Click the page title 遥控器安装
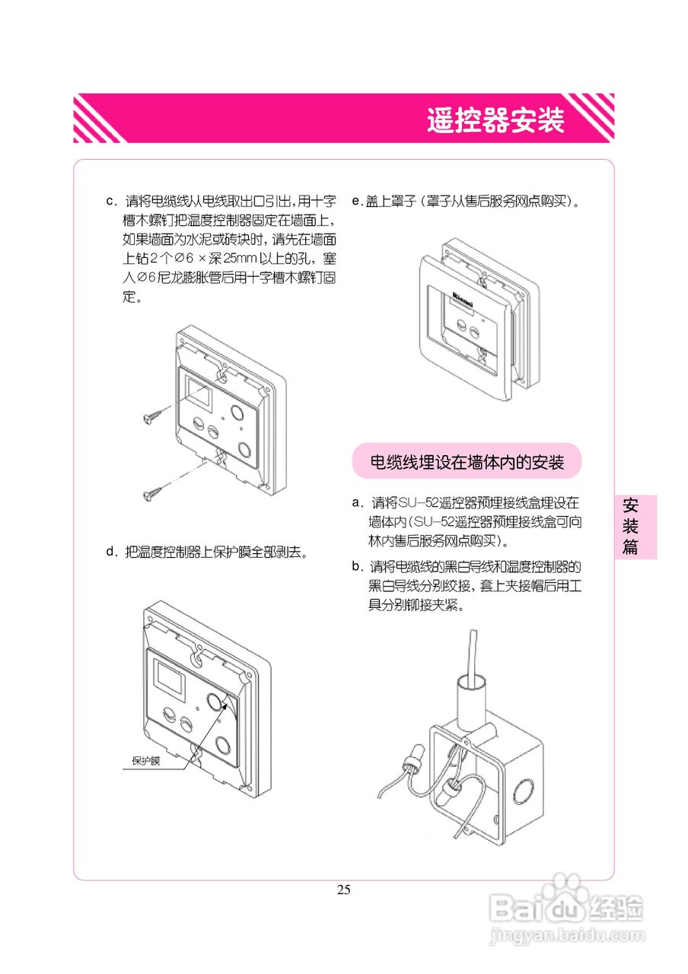pos(495,120)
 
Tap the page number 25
pos(344,890)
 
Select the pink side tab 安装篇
pos(630,526)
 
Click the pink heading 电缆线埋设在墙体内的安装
pos(467,461)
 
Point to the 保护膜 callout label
pos(146,760)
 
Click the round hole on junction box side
pos(525,793)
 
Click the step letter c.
pos(110,202)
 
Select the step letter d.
pos(110,552)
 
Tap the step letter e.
pos(355,202)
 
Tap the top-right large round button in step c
pos(237,412)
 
